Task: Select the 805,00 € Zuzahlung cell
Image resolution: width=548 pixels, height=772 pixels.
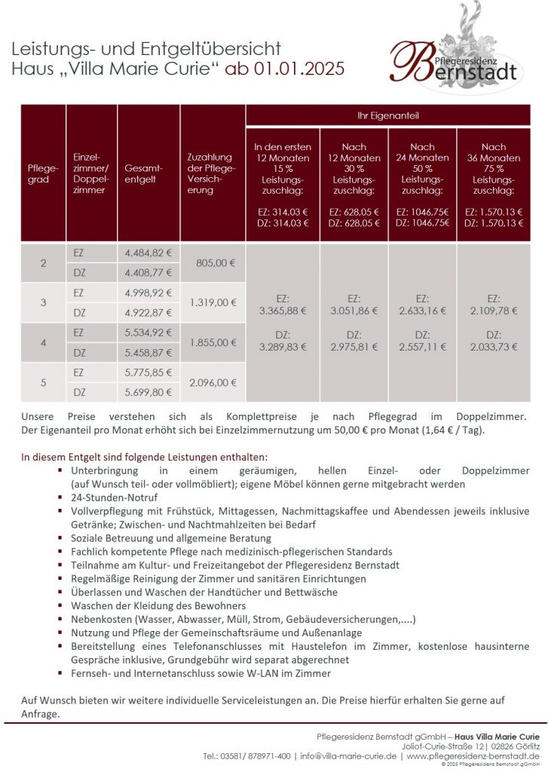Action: point(214,263)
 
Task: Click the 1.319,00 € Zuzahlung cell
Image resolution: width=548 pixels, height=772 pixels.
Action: point(214,302)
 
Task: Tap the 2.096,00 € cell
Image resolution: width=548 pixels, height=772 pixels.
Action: point(214,382)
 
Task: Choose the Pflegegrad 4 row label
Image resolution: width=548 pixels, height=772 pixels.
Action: point(43,342)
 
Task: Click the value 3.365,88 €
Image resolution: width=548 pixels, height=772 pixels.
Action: point(283,310)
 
